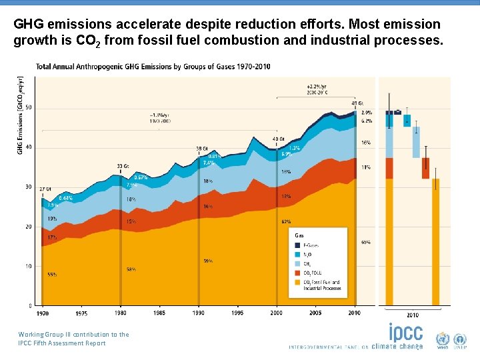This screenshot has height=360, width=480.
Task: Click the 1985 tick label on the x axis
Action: point(160,313)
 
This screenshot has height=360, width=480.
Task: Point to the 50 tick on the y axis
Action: point(29,108)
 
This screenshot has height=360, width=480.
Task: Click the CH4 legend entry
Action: point(308,263)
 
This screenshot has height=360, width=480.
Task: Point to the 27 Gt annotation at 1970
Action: point(45,189)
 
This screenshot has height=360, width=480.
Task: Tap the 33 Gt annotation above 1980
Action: point(123,165)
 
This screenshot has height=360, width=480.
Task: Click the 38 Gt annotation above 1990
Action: point(202,148)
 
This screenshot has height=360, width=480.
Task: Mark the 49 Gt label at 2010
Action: point(357,103)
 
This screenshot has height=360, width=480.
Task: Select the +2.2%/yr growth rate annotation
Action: point(317,87)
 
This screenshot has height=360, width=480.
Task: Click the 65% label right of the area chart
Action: point(366,242)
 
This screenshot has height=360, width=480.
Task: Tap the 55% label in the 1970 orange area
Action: point(51,274)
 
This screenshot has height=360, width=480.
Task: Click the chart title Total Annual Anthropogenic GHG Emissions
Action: point(153,67)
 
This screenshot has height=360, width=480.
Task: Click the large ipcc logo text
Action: point(405,333)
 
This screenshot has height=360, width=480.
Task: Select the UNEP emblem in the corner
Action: point(461,339)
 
